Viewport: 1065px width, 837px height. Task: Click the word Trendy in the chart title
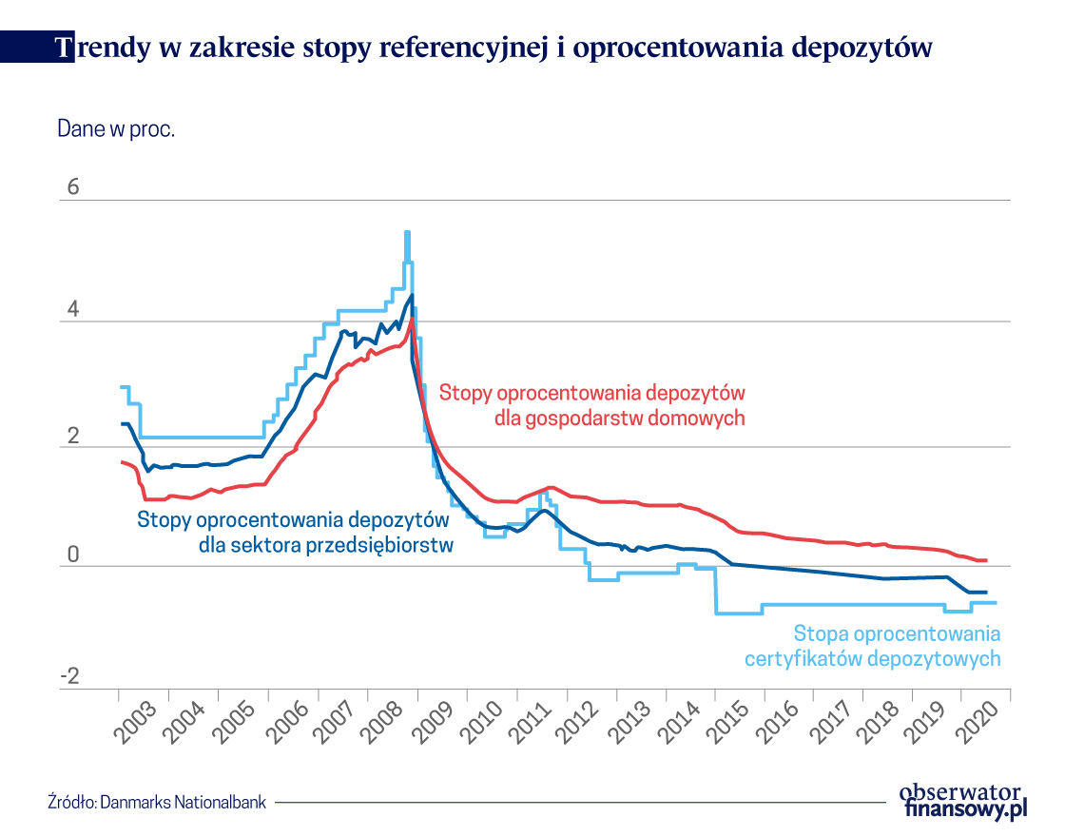(100, 49)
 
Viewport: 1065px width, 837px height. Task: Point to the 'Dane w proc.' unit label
(116, 129)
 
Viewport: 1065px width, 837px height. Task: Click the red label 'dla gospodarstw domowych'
(619, 418)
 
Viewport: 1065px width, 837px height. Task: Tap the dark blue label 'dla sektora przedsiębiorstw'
(326, 545)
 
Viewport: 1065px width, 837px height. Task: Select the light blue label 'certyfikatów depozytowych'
(872, 658)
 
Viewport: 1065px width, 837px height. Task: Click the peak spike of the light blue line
(407, 233)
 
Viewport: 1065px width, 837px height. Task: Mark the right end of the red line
(986, 560)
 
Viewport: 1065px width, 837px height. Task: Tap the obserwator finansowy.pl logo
(962, 800)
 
